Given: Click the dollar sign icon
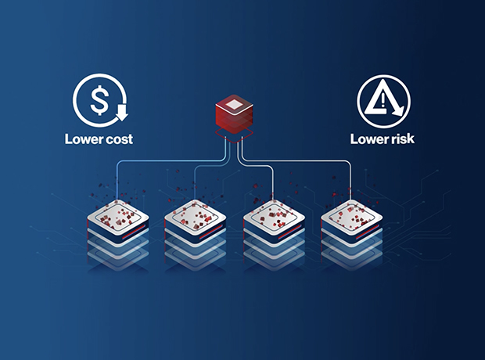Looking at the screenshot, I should pos(99,100).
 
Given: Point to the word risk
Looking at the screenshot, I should pos(401,140).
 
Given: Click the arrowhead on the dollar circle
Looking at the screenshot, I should pos(121,117).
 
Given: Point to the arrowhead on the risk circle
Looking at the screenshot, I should pos(399,114).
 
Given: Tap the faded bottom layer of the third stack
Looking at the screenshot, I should pos(274,258).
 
